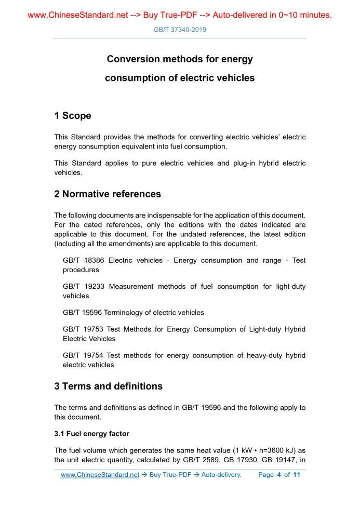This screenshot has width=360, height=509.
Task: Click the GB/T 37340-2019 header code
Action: pos(180,30)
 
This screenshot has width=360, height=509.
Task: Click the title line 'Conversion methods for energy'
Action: pos(180,59)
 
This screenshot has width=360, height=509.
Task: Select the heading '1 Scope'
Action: pos(73,116)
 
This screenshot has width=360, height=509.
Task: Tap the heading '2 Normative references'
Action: pos(108,194)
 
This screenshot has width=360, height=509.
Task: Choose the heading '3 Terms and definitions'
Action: pos(108,386)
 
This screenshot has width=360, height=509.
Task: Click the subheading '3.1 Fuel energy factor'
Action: pos(92,434)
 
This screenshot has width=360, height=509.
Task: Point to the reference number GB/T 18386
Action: pos(83,260)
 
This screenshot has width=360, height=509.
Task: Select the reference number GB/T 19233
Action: pos(83,286)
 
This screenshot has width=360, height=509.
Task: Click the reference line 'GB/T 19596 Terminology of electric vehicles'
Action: pos(134,313)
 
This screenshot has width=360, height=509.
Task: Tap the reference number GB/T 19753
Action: pos(83,329)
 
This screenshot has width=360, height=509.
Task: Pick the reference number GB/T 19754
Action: pos(83,355)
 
